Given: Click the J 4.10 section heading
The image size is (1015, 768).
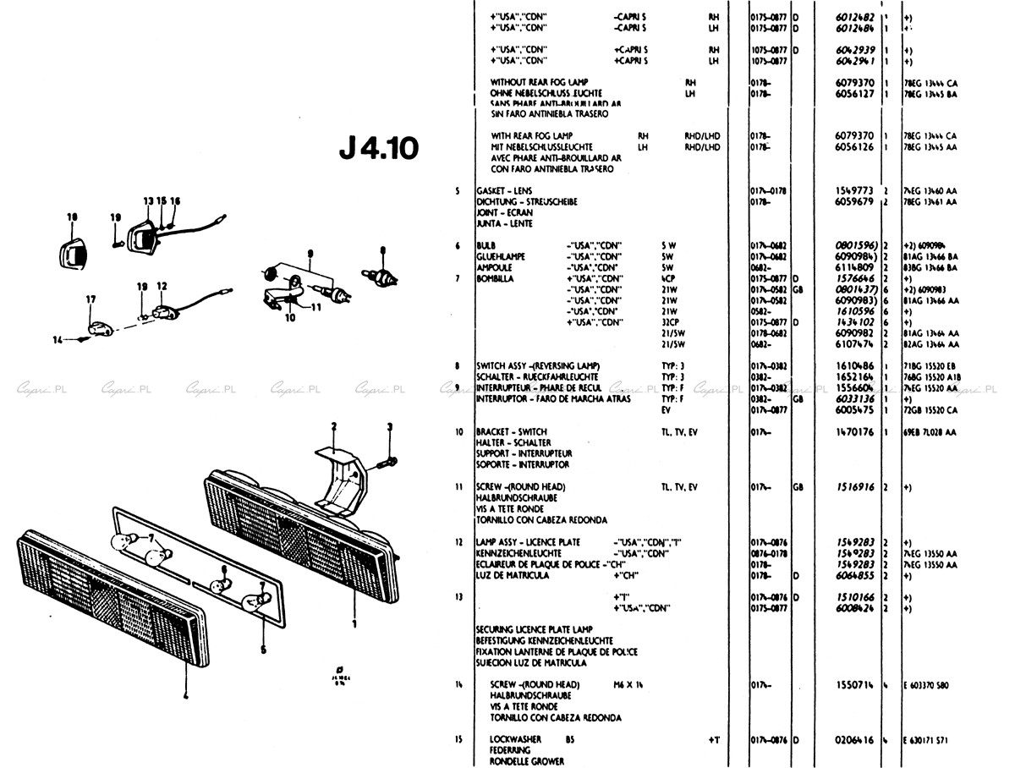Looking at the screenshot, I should (378, 149).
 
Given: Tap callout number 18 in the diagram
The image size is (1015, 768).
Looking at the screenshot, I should (72, 217).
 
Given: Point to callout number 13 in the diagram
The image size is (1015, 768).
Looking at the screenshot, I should (148, 201).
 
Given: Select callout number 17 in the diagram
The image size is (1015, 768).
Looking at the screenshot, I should (91, 299).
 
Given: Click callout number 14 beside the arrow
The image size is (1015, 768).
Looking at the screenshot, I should (57, 339).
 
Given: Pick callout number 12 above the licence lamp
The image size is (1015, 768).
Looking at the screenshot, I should (162, 286).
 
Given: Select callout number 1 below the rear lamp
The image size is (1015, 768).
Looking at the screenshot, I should (354, 625).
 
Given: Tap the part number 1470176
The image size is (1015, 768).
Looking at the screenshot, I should (854, 431).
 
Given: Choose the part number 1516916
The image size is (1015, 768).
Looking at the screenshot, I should (854, 488).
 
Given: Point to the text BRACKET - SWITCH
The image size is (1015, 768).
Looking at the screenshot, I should (513, 431).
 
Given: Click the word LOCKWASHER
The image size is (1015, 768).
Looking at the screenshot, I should (516, 739).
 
